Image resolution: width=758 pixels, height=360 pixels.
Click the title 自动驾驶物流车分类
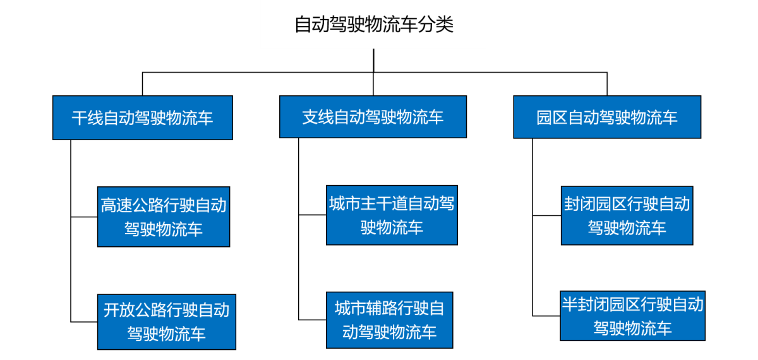click(374, 25)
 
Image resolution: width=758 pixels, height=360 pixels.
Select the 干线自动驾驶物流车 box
click(143, 117)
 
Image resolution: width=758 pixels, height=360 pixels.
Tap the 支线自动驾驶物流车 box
click(373, 117)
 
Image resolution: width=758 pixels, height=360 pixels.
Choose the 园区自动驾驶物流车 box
click(607, 117)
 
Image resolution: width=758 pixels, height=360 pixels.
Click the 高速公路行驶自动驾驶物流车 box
click(164, 217)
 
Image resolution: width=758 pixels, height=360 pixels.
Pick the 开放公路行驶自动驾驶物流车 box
click(167, 321)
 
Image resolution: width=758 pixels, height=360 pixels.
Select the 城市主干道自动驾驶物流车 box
click(392, 215)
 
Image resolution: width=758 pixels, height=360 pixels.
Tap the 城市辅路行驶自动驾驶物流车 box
click(390, 320)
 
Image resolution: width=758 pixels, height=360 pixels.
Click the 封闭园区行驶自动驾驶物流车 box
click(627, 215)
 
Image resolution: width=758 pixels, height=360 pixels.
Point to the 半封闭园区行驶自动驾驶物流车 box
click(633, 316)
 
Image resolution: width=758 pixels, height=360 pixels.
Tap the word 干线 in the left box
click(87, 118)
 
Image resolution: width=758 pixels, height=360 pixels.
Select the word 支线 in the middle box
click(318, 117)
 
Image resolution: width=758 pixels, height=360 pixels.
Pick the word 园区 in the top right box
click(552, 117)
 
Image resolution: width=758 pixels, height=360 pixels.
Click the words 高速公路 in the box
click(132, 205)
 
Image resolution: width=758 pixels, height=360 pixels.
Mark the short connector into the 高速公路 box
click(84, 217)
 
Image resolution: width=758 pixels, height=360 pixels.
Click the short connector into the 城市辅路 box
click(312, 320)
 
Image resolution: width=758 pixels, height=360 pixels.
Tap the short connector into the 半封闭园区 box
click(546, 316)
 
